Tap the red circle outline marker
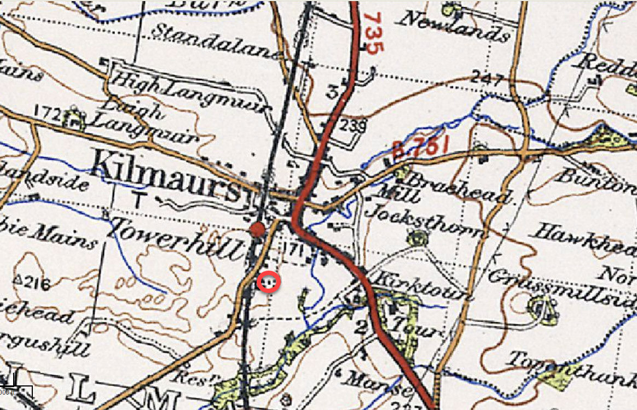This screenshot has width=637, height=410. (269, 282)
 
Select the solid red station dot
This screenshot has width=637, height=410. (257, 230)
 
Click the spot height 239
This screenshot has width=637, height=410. (351, 125)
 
